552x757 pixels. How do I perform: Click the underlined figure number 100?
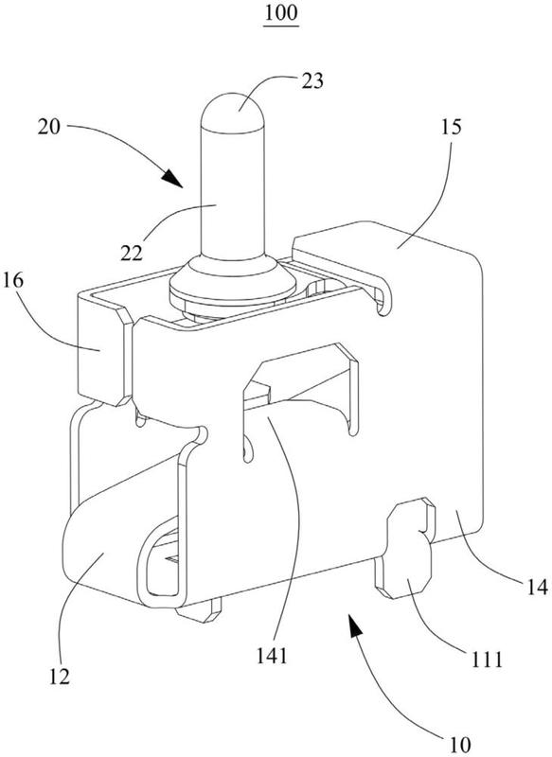pos(280,13)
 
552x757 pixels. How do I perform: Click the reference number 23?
pos(312,80)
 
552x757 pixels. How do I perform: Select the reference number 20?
pos(49,127)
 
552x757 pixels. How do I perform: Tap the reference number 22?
pos(132,253)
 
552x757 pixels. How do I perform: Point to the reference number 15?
pos(451,127)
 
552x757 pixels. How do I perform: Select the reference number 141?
pos(272,656)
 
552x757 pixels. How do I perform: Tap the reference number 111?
pos(487,659)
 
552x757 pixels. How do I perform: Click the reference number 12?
pos(59,677)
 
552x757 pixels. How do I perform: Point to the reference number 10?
pos(459,744)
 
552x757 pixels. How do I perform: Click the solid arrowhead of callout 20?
pos(172,179)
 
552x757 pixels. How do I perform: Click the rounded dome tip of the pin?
pos(233,111)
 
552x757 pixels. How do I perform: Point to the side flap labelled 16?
pos(104,350)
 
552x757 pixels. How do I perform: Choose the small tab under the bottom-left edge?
pos(199,610)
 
